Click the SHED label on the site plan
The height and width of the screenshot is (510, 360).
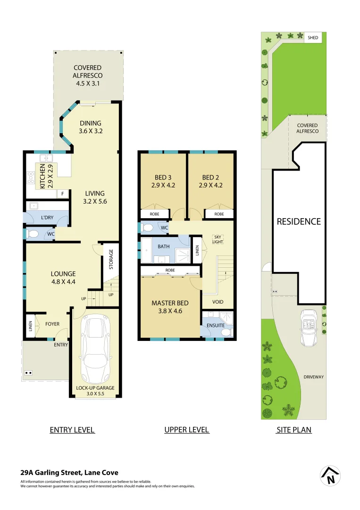click(313, 37)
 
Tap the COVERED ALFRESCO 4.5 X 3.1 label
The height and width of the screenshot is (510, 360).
click(87, 76)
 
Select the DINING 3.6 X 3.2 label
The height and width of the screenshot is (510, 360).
click(90, 127)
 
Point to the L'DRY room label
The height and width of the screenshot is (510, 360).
click(47, 218)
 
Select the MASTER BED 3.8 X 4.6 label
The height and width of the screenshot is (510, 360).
click(170, 307)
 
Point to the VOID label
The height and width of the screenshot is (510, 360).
click(218, 302)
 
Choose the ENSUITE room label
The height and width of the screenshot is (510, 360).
click(216, 325)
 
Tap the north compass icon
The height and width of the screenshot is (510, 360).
click(330, 476)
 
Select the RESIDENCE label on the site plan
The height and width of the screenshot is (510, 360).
click(299, 221)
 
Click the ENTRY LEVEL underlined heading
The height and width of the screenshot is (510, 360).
click(72, 430)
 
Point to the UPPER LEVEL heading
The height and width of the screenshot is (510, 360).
click(186, 430)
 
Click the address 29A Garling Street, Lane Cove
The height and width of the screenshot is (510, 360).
click(69, 472)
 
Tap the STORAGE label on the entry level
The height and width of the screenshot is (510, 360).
click(111, 259)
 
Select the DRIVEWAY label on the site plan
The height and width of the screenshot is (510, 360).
click(314, 377)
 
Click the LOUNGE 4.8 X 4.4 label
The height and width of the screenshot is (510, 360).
click(63, 278)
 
